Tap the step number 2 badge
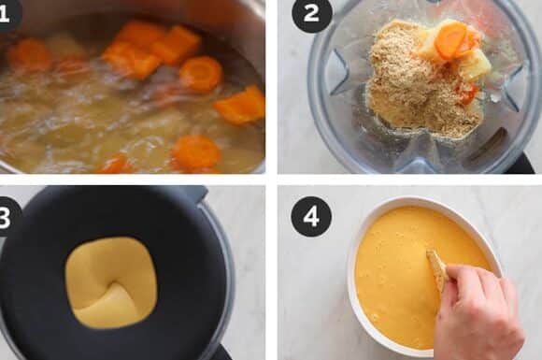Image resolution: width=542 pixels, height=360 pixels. tap(312, 14)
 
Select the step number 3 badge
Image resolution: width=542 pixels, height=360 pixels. tap(7, 218)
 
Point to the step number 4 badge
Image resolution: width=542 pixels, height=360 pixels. tap(311, 217)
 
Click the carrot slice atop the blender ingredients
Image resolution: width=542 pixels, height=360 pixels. tap(450, 40)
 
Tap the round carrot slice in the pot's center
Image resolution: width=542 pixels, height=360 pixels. tap(201, 73)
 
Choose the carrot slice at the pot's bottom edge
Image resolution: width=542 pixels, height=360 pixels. tap(196, 151)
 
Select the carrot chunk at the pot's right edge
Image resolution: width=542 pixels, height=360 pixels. tap(241, 105)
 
